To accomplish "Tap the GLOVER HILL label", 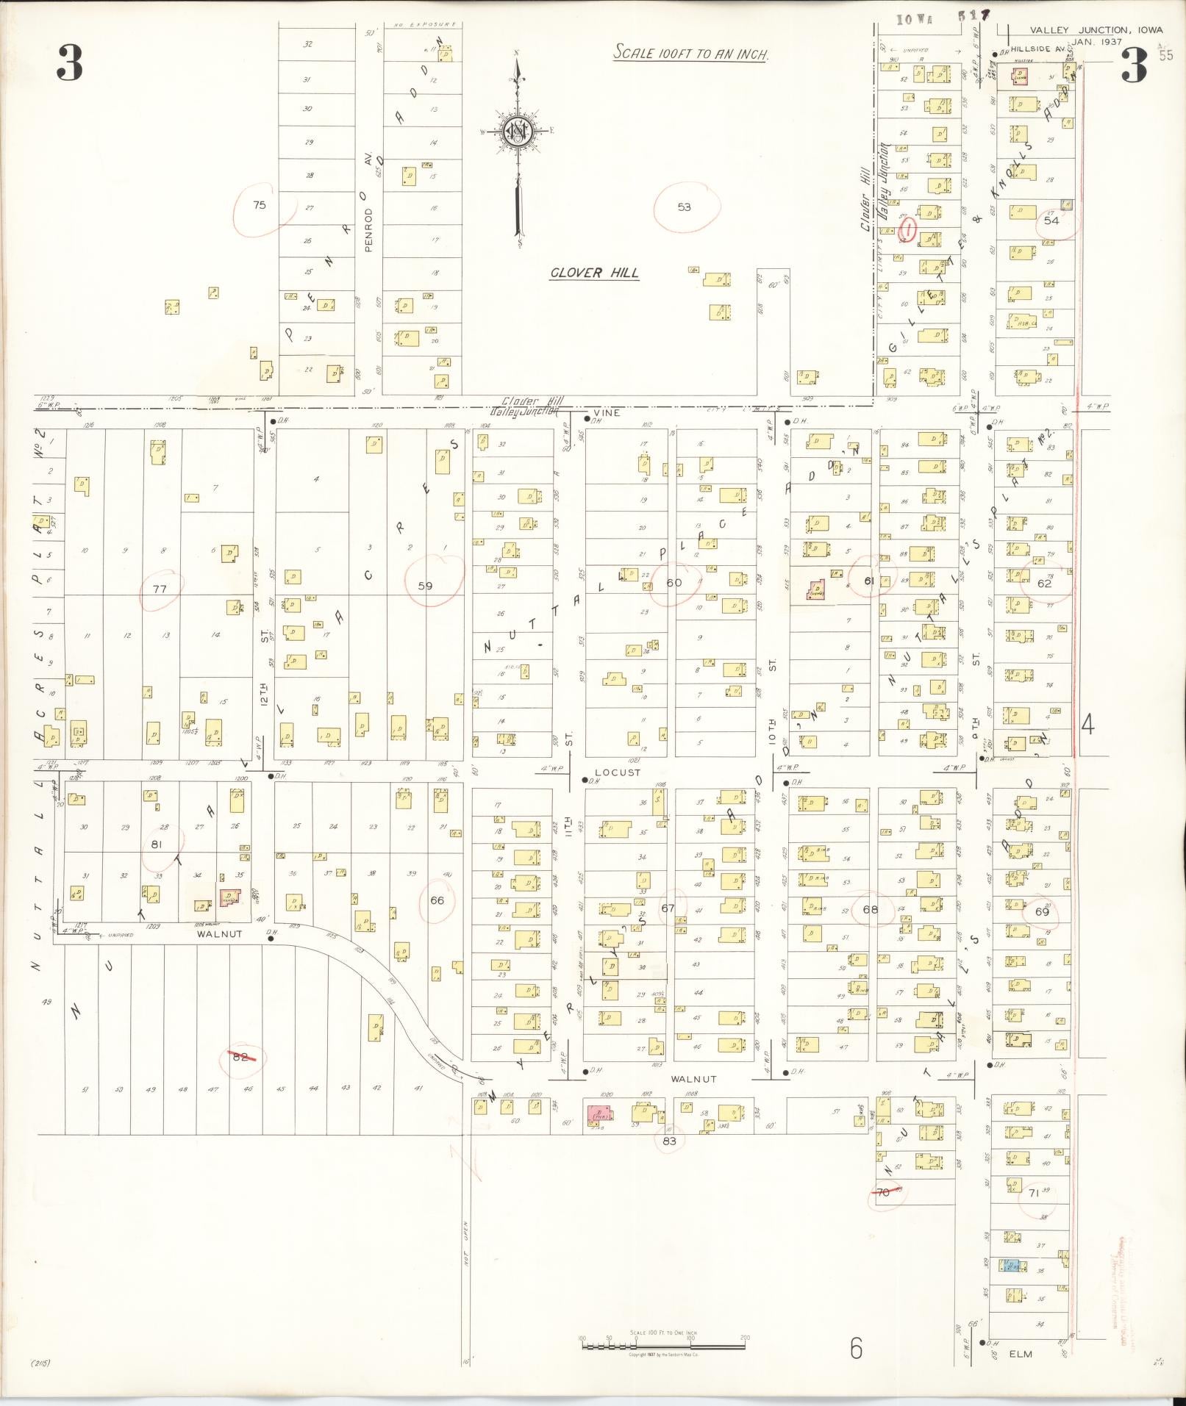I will pyautogui.click(x=595, y=273).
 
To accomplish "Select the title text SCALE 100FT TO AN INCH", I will pyautogui.click(x=691, y=54).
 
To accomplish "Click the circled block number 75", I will pyautogui.click(x=259, y=205).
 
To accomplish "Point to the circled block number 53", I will pyautogui.click(x=684, y=207).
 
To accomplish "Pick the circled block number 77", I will pyautogui.click(x=160, y=589).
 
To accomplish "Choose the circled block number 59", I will pyautogui.click(x=425, y=586).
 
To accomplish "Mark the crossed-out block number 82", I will pyautogui.click(x=240, y=1057).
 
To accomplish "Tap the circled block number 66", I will pyautogui.click(x=437, y=900).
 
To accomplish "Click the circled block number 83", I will pyautogui.click(x=668, y=1141).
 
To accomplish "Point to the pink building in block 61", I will pyautogui.click(x=815, y=589).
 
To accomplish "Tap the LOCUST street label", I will pyautogui.click(x=618, y=772).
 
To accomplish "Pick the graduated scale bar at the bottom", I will pyautogui.click(x=663, y=1339).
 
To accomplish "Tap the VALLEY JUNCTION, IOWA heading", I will pyautogui.click(x=1096, y=30).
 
